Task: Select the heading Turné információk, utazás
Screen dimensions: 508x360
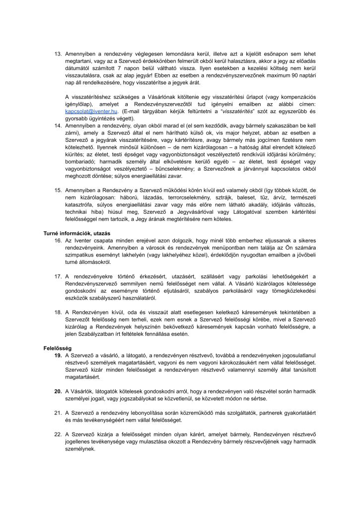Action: click(76, 233)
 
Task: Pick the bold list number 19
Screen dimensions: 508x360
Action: click(58, 356)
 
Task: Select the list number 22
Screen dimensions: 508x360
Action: click(58, 434)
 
